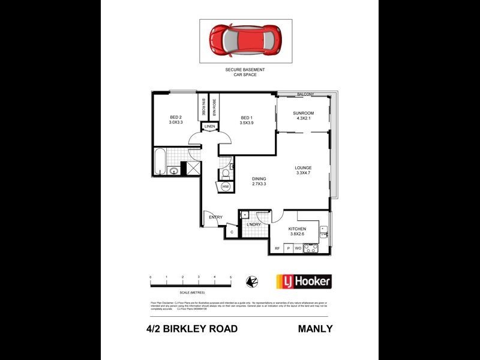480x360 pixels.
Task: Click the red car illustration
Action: [245, 40]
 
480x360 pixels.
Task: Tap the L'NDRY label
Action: [253, 225]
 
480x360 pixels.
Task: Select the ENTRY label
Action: [216, 217]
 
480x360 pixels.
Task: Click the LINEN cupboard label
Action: [209, 127]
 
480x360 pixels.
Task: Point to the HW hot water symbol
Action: [226, 187]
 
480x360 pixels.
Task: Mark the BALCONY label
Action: [305, 94]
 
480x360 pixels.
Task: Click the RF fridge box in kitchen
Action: [277, 248]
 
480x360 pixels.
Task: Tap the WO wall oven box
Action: [298, 248]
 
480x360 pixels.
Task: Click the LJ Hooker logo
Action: [303, 281]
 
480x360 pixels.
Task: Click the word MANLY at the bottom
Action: [315, 329]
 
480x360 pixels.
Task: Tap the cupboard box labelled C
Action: [232, 231]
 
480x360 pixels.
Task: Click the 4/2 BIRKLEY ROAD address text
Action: [192, 329]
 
